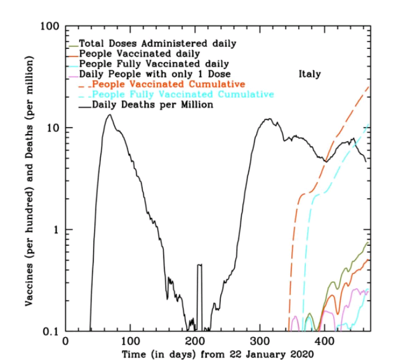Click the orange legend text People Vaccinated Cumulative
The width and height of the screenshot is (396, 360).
click(168, 84)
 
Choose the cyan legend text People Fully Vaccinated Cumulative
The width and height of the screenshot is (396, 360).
click(183, 95)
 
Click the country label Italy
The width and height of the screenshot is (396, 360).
click(309, 74)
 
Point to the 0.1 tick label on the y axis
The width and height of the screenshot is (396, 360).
click(51, 331)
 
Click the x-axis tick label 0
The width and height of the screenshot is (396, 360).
click(65, 341)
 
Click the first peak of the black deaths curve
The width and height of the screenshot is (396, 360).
click(109, 115)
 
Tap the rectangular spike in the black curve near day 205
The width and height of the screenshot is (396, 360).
click(199, 265)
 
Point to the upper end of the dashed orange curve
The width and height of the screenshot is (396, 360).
click(369, 86)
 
